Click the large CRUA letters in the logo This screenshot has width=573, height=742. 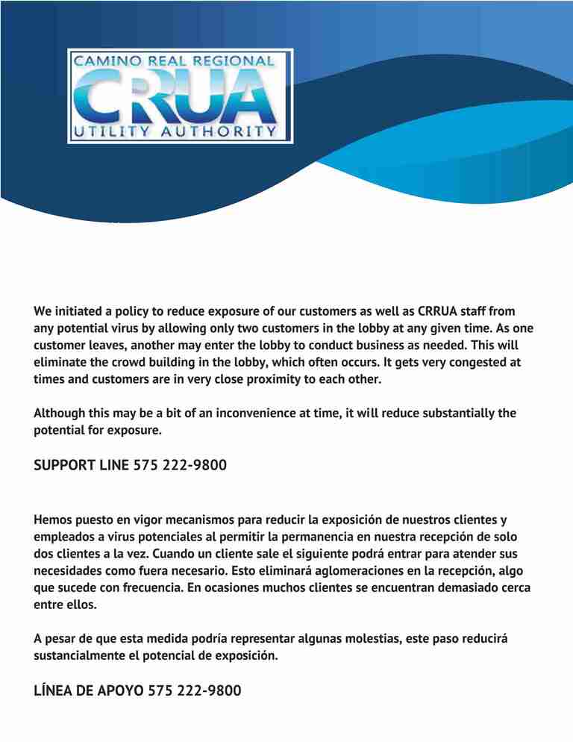click(179, 96)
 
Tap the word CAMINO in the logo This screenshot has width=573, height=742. click(104, 60)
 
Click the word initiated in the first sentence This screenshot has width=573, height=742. click(78, 311)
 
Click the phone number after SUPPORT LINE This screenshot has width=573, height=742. click(180, 466)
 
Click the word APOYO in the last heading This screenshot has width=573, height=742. click(120, 691)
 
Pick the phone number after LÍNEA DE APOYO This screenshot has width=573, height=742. click(195, 691)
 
